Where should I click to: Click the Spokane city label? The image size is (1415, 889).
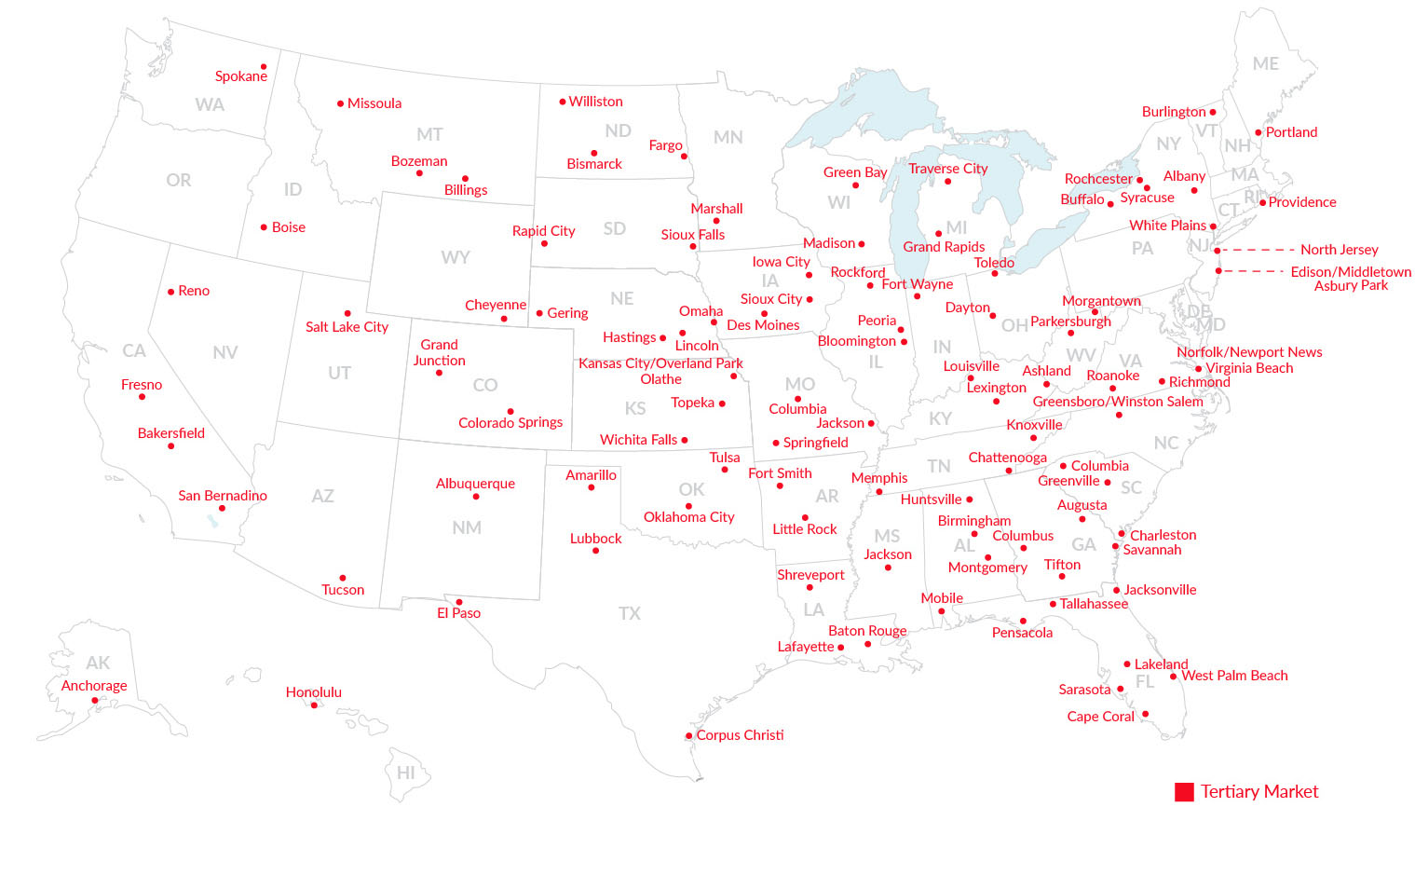[x=240, y=76]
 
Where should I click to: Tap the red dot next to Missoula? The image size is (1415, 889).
[x=340, y=103]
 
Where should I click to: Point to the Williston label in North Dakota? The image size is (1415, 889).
[x=595, y=102]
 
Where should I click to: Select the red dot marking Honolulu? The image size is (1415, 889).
[x=314, y=705]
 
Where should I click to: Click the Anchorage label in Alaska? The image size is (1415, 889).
[x=94, y=686]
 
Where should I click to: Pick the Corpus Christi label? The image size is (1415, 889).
[x=740, y=735]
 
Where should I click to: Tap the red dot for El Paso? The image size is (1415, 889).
[x=458, y=602]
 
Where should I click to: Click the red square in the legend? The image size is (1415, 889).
[x=1184, y=792]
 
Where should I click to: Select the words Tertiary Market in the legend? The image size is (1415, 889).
[x=1259, y=791]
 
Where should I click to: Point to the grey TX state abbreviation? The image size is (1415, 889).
[x=630, y=613]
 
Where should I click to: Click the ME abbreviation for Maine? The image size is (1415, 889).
[x=1265, y=63]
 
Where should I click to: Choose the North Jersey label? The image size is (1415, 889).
[x=1339, y=250]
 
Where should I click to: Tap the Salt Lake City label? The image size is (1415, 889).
[x=347, y=327]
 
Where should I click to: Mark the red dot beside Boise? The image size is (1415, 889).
[x=264, y=227]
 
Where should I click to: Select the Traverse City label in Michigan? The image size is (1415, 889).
[x=947, y=169]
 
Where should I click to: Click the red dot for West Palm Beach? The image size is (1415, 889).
[x=1173, y=677]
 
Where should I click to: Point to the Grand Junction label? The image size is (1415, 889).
[x=439, y=352]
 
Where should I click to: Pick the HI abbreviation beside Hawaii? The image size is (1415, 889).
[x=406, y=773]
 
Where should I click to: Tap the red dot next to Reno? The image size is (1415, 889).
[x=170, y=292]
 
